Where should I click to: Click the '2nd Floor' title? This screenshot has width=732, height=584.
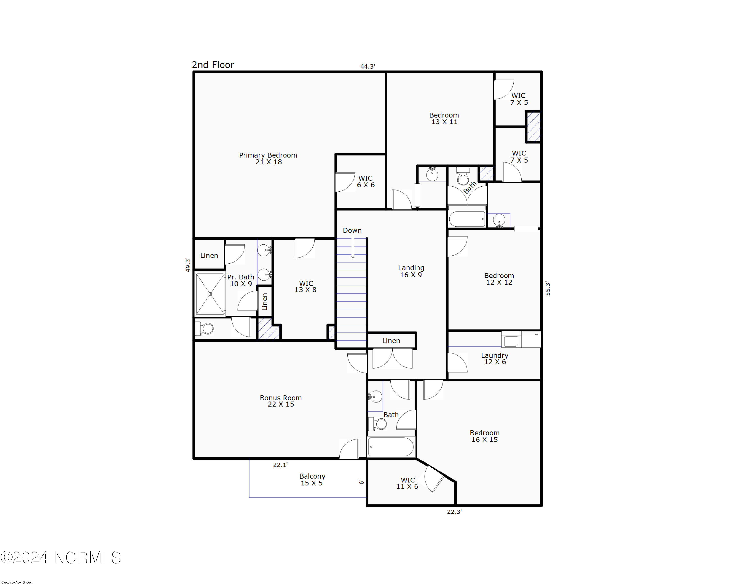tap(213, 65)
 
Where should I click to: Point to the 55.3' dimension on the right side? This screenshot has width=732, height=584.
tap(548, 289)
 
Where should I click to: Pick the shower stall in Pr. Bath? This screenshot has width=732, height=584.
tap(210, 294)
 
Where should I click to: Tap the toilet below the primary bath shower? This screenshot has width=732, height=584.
tap(205, 328)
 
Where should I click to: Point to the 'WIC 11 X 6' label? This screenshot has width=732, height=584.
tap(407, 483)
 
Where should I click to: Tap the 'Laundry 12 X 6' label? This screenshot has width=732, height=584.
tap(495, 359)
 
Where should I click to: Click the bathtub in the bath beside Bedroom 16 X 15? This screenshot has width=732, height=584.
tap(391, 447)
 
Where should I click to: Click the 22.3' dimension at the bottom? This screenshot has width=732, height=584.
tap(454, 512)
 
